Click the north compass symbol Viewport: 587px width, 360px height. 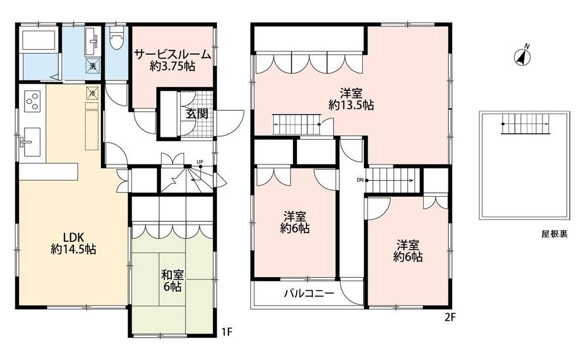tap(523, 56)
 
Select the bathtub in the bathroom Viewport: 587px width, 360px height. tap(39, 39)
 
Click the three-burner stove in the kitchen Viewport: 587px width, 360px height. tap(32, 101)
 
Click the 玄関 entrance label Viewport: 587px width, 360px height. tap(197, 113)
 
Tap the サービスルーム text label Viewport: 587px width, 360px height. tap(173, 55)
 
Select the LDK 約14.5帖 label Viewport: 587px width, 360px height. tap(73, 243)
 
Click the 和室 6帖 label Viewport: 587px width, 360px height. tap(172, 281)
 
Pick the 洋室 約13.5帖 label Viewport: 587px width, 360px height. tap(351, 99)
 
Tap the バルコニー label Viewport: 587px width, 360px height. tap(309, 293)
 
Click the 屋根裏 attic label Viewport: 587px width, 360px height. tap(555, 234)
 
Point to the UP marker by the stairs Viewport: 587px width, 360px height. tap(200, 162)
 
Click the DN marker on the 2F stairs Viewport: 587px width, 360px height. tap(360, 180)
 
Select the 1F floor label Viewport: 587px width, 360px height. tap(227, 332)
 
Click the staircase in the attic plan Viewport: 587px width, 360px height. tap(526, 123)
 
